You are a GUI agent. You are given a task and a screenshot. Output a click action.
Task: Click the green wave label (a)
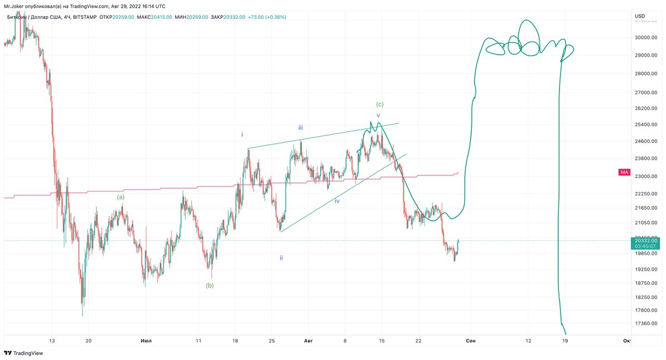[x=120, y=196]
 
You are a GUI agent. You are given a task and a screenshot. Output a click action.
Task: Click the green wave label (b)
[x=210, y=285]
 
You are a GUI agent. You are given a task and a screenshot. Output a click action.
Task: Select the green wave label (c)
[x=380, y=104]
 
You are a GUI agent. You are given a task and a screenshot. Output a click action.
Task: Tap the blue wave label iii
[x=300, y=127]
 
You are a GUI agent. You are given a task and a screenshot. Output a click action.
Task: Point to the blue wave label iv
[x=337, y=201]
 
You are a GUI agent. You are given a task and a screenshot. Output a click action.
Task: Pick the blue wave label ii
[x=281, y=257]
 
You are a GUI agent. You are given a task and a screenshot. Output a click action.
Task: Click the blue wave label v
[x=379, y=115]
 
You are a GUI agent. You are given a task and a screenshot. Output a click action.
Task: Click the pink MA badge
[x=624, y=173]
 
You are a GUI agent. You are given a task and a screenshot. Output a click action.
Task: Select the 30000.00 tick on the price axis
[x=645, y=38]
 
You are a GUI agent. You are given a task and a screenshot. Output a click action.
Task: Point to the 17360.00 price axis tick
[x=645, y=323]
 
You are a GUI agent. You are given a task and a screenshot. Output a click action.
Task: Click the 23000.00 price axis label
[x=645, y=176]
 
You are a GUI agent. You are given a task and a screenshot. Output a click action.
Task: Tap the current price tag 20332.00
[x=645, y=241]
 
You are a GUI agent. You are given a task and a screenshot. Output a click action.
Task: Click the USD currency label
[x=640, y=16]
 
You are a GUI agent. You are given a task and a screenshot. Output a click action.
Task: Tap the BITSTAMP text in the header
[x=84, y=17]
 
